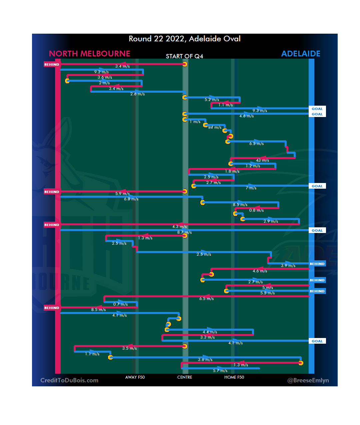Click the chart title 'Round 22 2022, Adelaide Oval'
tap(185, 39)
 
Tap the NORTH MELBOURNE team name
tap(89, 54)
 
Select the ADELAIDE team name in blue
tap(301, 54)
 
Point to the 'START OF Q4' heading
tap(184, 56)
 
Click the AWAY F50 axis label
tap(135, 377)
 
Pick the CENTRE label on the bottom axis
tap(185, 377)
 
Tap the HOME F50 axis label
tap(234, 377)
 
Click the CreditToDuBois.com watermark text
tap(69, 380)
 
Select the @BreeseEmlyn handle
tap(308, 380)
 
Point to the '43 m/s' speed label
tap(262, 160)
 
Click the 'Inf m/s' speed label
tap(215, 127)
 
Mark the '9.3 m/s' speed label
tap(260, 111)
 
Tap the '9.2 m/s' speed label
tap(101, 72)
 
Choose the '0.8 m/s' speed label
tap(256, 210)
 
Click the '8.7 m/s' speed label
tap(184, 232)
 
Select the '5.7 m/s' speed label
tap(220, 371)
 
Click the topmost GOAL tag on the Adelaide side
tap(317, 109)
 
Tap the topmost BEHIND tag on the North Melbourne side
tap(52, 64)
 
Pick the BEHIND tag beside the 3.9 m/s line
tap(317, 264)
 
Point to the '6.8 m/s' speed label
tap(131, 199)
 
